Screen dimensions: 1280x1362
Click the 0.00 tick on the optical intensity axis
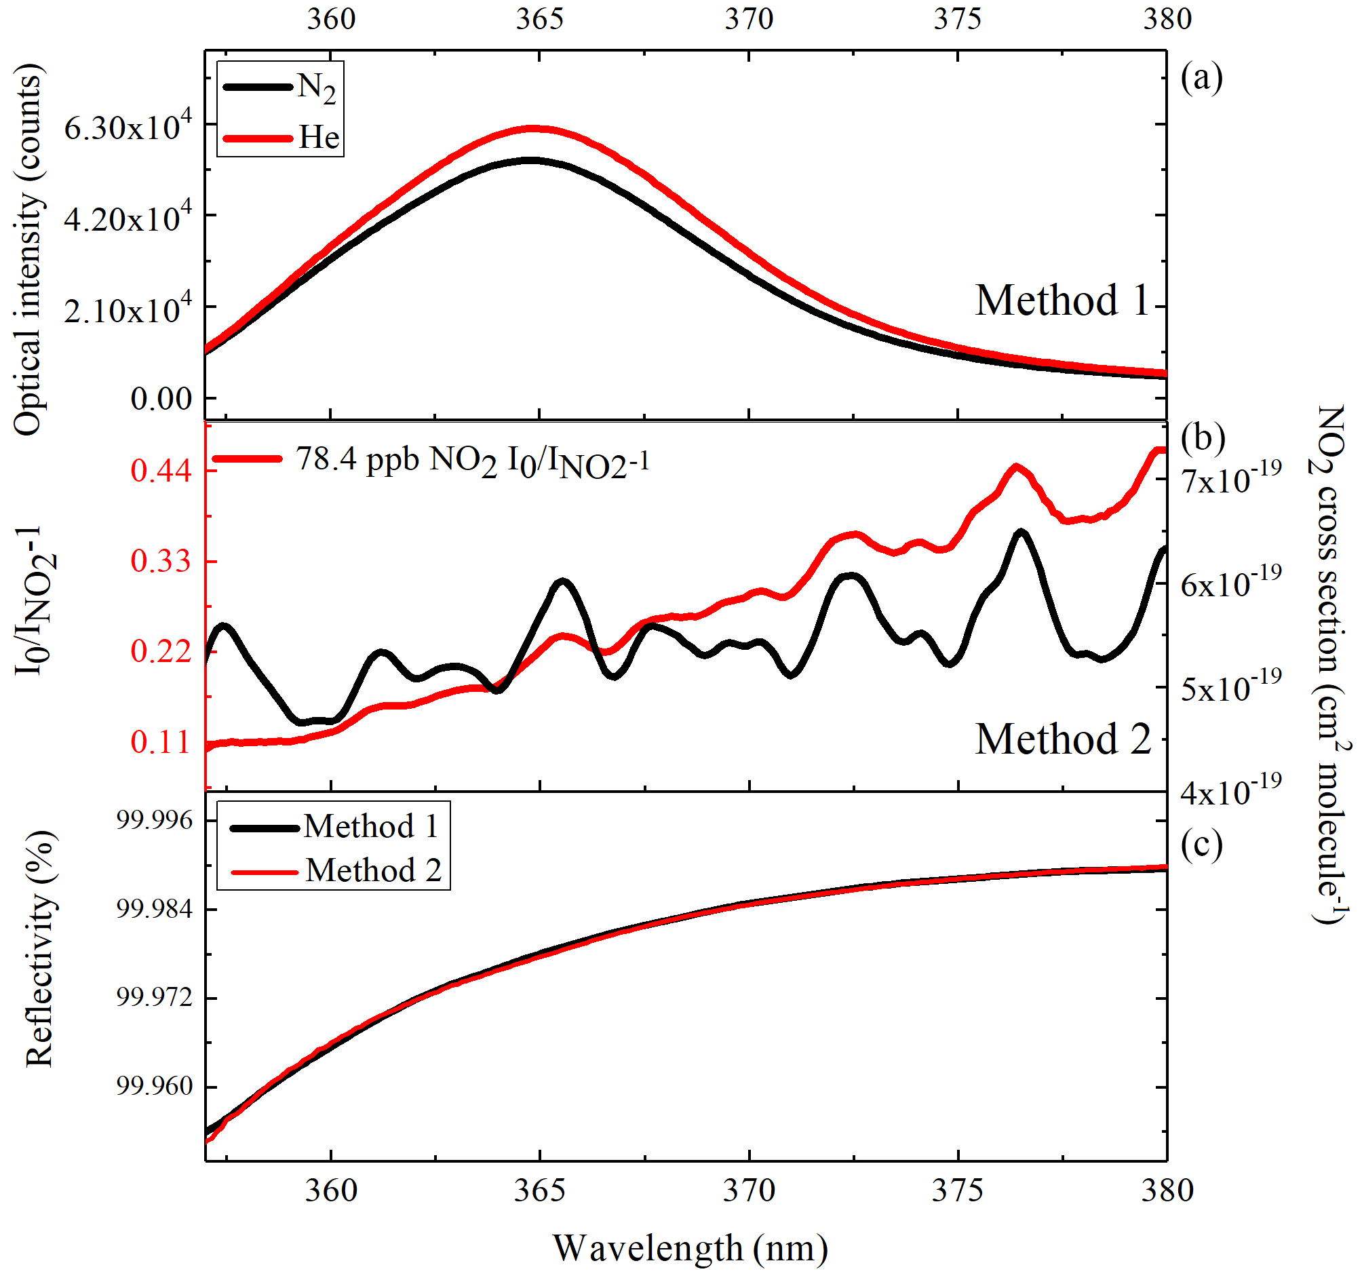click(161, 399)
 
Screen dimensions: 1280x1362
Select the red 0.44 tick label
click(161, 471)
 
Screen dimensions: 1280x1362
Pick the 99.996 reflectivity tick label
click(155, 820)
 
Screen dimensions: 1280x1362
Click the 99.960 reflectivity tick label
click(155, 1087)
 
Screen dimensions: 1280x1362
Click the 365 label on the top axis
click(540, 19)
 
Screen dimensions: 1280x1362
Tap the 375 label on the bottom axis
click(958, 1191)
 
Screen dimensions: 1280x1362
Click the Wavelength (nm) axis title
click(690, 1249)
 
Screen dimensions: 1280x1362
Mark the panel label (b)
click(1203, 437)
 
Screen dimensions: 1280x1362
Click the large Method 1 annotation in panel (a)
click(1063, 300)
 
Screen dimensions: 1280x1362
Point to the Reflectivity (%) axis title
click(39, 950)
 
